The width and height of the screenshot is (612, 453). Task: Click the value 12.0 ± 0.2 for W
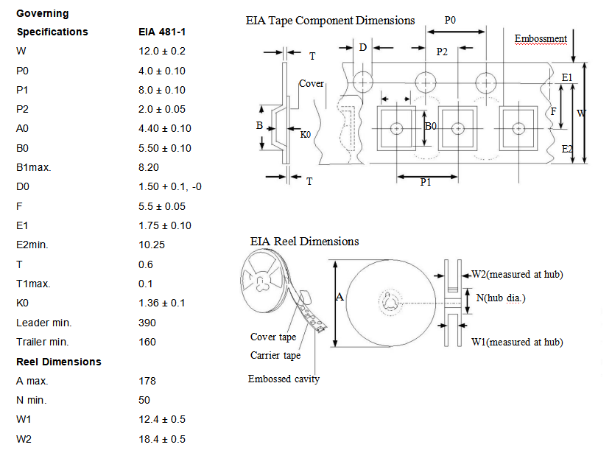point(162,51)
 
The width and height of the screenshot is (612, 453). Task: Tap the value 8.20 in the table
point(150,167)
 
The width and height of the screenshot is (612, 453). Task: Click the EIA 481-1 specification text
point(162,32)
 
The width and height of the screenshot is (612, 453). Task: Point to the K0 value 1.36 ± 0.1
point(161,303)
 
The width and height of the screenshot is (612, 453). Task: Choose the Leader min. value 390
point(147,323)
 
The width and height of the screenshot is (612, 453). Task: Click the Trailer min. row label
point(43,342)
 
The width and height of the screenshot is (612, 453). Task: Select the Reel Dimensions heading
point(59,362)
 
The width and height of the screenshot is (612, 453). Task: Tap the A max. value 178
point(147,381)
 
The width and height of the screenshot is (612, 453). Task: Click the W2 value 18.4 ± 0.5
point(162,440)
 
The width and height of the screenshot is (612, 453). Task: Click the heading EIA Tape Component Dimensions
point(330,21)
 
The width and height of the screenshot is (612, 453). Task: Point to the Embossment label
point(541,38)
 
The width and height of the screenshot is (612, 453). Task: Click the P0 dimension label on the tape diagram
point(451,21)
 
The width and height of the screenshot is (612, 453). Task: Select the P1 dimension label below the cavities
point(426,182)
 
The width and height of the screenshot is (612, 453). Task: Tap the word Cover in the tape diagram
point(312,83)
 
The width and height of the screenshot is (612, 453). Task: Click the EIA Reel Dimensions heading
point(304,241)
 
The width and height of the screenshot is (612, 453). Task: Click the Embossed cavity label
point(284,379)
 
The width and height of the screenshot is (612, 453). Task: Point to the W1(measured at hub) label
point(517,342)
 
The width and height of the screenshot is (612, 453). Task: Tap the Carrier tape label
point(275,355)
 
